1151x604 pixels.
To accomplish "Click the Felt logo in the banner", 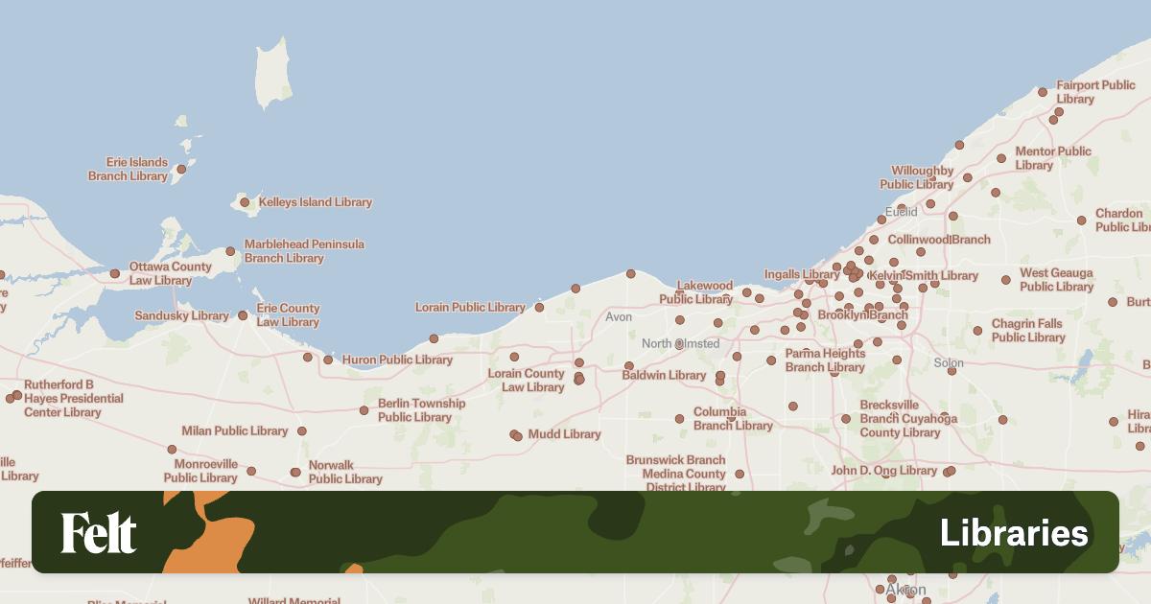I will [x=99, y=533].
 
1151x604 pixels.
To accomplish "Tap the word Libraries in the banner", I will [x=1014, y=533].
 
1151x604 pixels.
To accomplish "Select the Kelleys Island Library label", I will [x=316, y=202].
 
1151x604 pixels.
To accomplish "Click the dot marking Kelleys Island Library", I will [x=245, y=202].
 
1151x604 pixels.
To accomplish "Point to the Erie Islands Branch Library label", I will [x=129, y=170].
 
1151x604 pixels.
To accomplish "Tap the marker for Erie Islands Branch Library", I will [x=181, y=170].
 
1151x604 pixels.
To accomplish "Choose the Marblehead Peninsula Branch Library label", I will [x=304, y=251].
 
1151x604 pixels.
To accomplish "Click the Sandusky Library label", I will [x=182, y=315].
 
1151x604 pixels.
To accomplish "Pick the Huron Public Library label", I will [x=397, y=360].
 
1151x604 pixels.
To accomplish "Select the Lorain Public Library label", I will [x=470, y=308].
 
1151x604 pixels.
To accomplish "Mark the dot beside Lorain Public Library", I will [x=539, y=308].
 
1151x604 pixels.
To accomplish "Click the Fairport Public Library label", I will [x=1095, y=92].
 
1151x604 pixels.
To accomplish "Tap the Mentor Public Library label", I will [x=1053, y=158].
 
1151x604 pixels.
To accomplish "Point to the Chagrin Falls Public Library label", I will [x=1028, y=331].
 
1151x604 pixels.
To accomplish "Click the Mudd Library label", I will [x=565, y=434].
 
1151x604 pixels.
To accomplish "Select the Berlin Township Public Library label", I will [x=421, y=410].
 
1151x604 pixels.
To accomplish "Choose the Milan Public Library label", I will [x=235, y=431].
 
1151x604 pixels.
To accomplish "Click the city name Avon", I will [x=619, y=316].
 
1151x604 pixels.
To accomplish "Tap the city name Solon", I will [x=949, y=363].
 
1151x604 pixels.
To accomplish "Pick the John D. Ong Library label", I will [x=883, y=471].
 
